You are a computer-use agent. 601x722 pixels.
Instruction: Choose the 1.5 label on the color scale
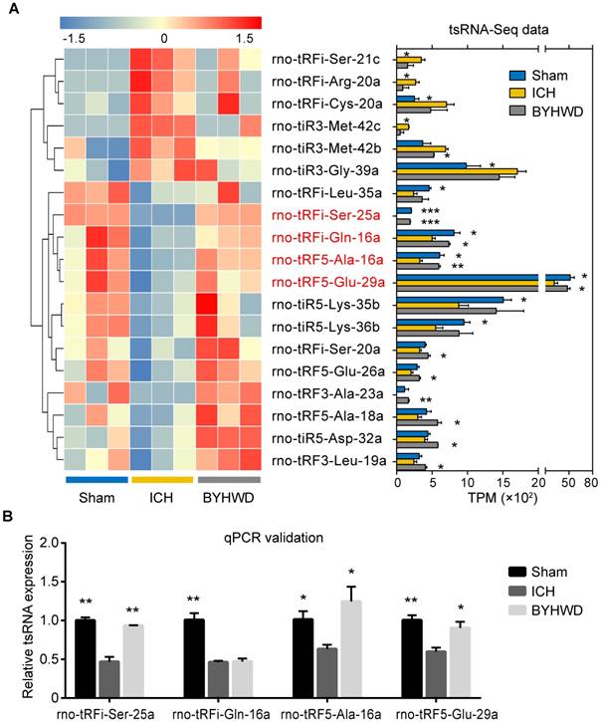[246, 37]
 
